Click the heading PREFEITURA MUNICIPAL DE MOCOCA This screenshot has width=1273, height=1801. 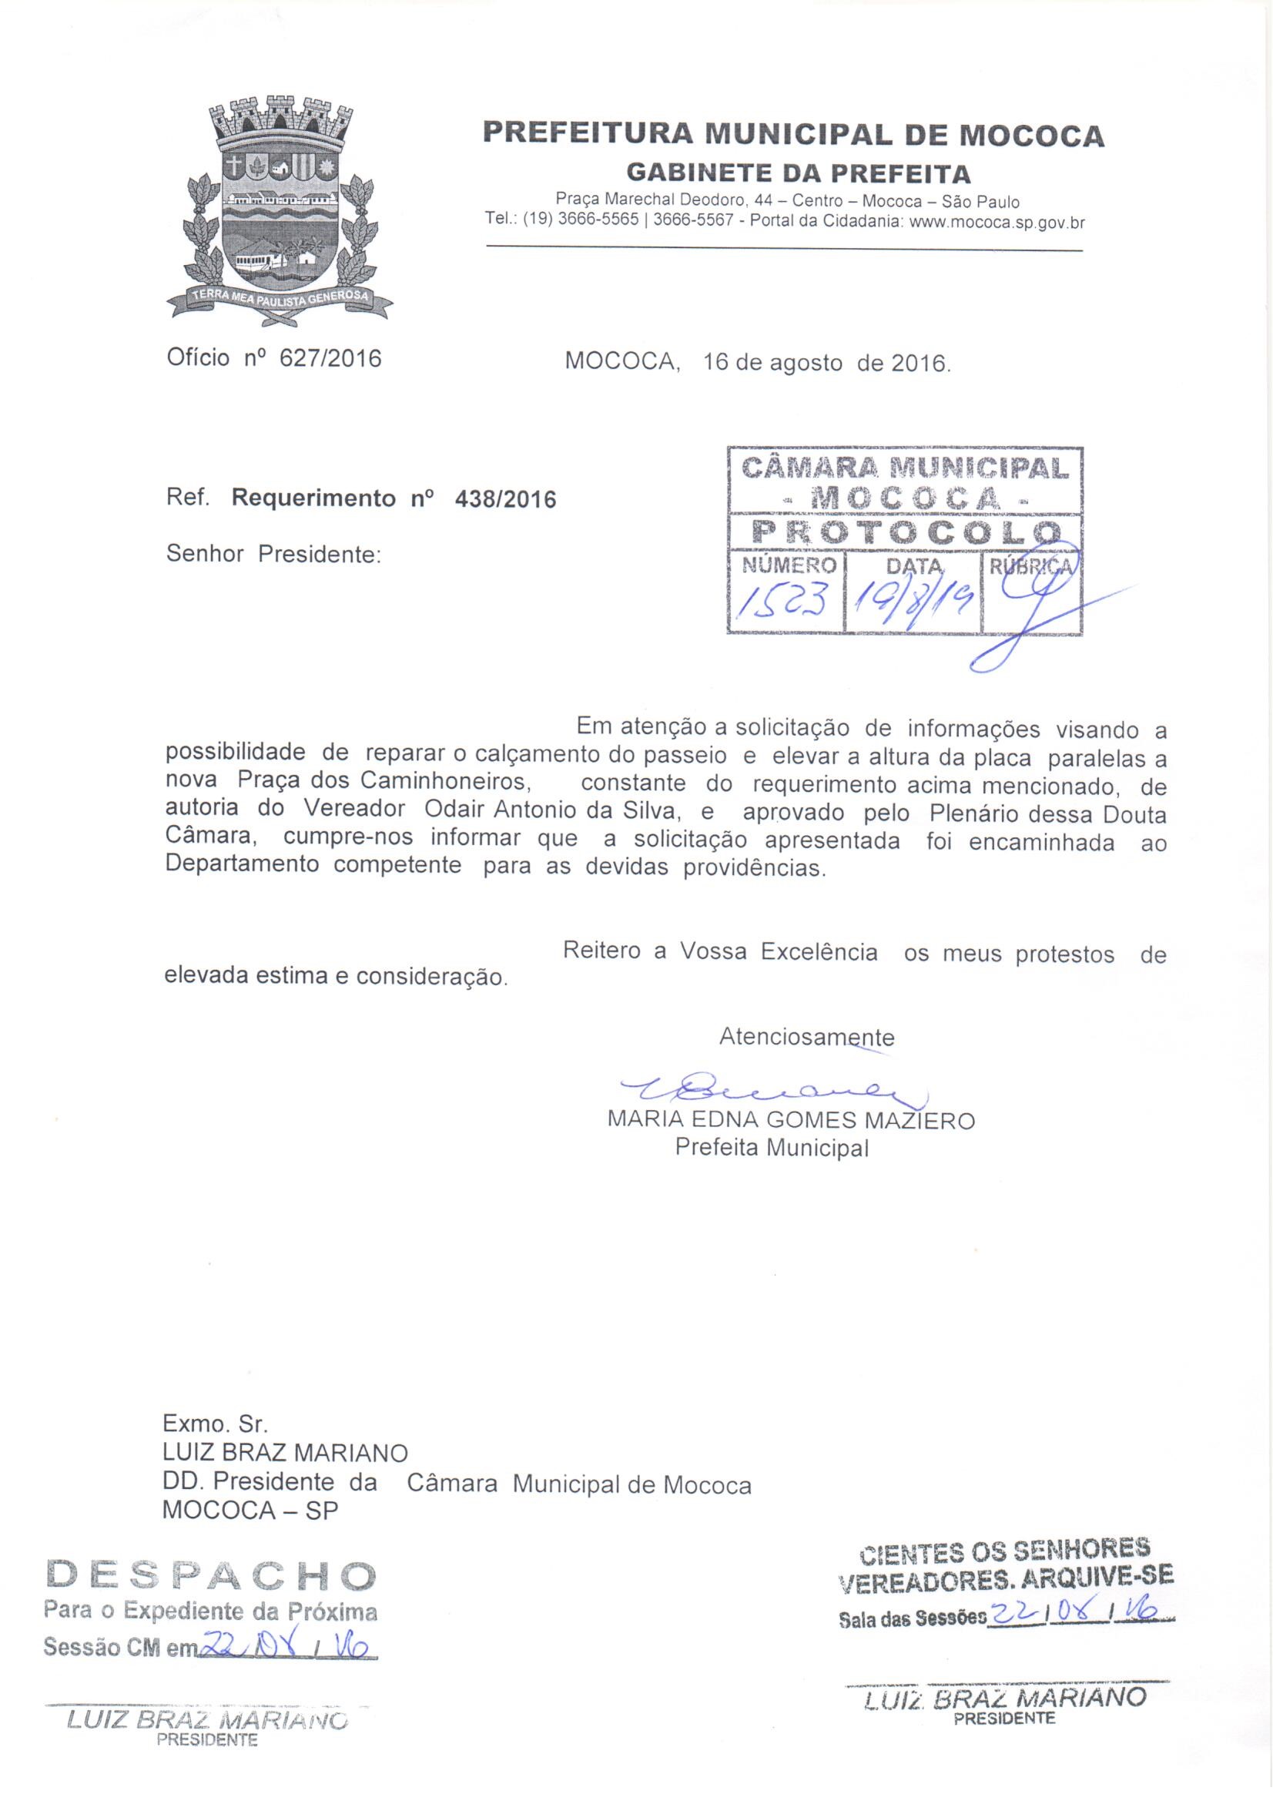point(793,134)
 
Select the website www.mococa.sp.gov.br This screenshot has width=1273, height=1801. point(995,222)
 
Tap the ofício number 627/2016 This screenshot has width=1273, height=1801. point(330,358)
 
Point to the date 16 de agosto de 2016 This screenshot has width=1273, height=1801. point(826,363)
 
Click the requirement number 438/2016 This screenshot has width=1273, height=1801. point(505,499)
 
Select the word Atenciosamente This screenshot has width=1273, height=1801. point(807,1037)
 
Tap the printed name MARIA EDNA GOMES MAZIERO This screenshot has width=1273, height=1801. point(792,1120)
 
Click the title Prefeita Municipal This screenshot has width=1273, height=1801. point(772,1149)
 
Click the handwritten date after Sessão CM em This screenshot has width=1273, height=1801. point(285,1644)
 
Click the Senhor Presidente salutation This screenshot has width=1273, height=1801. point(273,554)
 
